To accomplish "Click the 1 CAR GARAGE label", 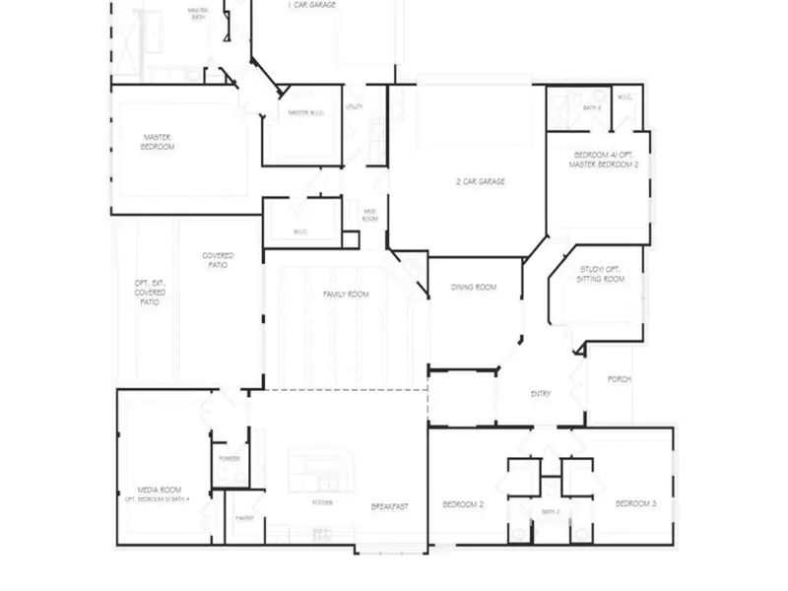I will coord(312,5).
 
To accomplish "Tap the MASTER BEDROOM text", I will coord(159,142).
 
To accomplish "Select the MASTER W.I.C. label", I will coord(306,113).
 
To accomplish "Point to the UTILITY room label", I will coord(355,105).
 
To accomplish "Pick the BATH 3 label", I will coord(591,107).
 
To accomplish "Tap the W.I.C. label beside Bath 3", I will coord(624,97).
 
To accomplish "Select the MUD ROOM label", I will coord(370,215).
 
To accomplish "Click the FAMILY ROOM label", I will coord(346,294).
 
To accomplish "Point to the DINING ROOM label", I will coord(474,288).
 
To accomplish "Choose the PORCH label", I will coord(620,379).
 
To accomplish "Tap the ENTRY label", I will coord(541,394).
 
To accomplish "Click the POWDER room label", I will coord(230,459).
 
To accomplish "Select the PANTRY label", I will coord(244,518).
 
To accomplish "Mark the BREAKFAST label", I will coord(390,506).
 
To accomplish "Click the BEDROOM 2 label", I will coord(462,504).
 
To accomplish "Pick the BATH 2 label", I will coord(550,512).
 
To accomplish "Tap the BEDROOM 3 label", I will coord(635,504).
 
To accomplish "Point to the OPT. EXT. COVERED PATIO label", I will coord(150,293).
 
